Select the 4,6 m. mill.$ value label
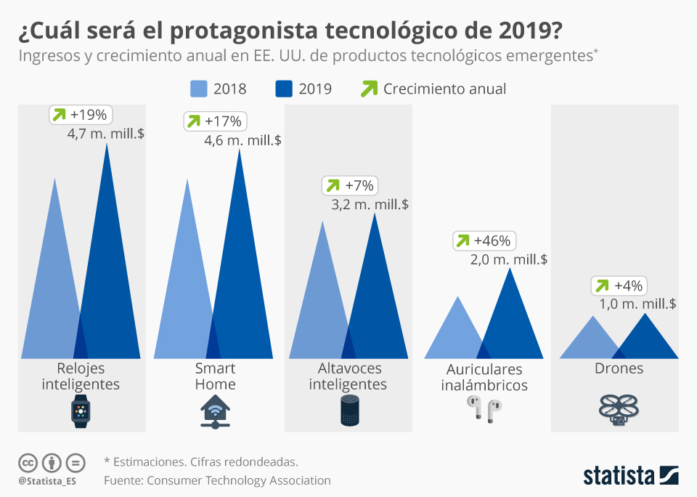coord(242,140)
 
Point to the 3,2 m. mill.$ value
coord(370,205)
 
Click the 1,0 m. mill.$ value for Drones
coord(638,304)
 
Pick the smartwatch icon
coord(81,411)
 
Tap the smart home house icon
coord(215,411)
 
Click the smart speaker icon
coord(350,411)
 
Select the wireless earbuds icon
coord(484,411)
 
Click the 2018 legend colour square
coord(199,89)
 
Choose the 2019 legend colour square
coord(284,89)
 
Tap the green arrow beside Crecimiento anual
coord(370,89)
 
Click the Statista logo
coord(630,475)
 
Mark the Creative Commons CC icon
coord(28,462)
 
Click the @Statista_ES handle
coord(47,481)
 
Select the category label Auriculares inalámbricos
coord(484,377)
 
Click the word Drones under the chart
coord(619,368)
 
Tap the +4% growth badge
coord(618,286)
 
